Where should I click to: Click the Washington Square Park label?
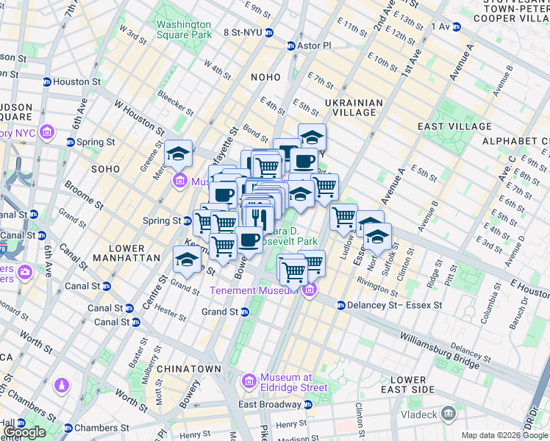(183, 29)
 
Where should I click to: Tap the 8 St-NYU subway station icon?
(270, 32)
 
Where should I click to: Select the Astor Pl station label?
(315, 46)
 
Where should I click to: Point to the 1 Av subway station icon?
(456, 26)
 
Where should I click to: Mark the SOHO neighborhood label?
(105, 169)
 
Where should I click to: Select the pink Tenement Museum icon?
(309, 290)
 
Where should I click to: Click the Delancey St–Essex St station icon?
(341, 305)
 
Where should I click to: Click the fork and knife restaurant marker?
(257, 218)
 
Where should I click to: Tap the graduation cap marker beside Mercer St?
(178, 153)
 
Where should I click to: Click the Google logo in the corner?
(24, 432)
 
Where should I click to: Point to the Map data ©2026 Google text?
(504, 435)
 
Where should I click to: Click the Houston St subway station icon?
(47, 82)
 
